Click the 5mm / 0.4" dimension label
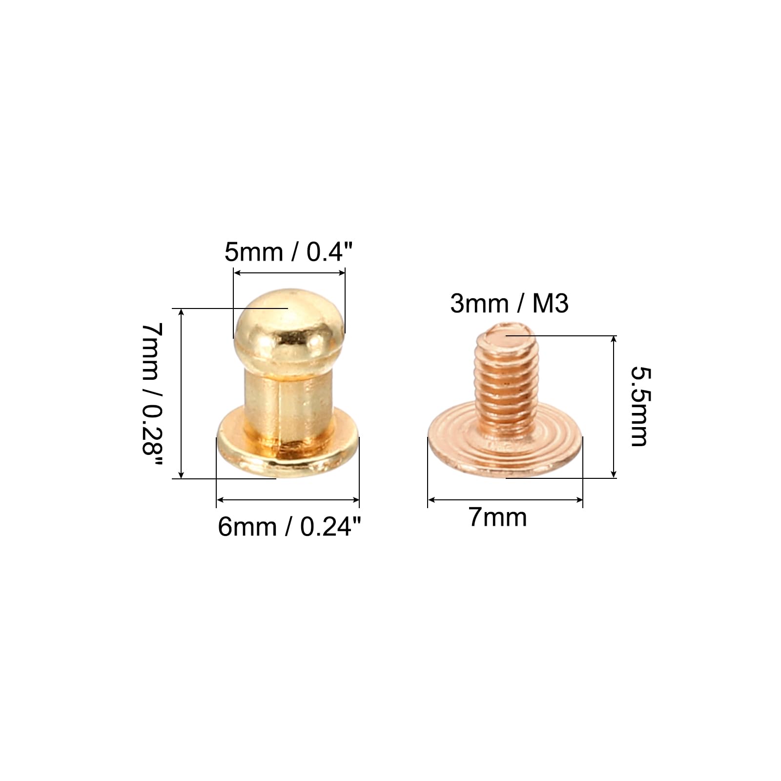[x=288, y=252]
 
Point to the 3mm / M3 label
[x=509, y=304]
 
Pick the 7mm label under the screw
[x=498, y=517]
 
